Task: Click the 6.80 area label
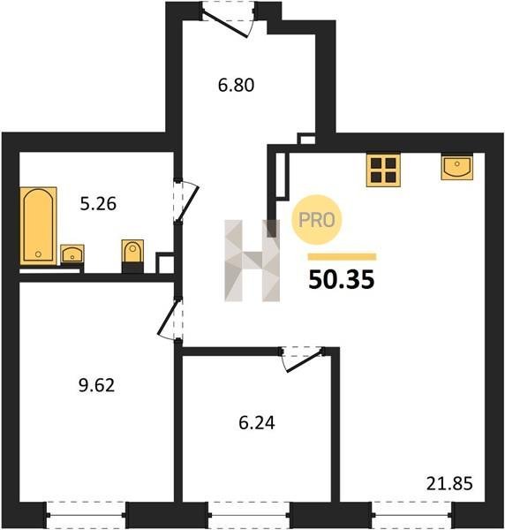pyautogui.click(x=236, y=85)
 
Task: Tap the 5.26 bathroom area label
pyautogui.click(x=98, y=204)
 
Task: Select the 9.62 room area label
pyautogui.click(x=96, y=385)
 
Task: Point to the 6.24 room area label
pyautogui.click(x=257, y=422)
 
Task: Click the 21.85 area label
pyautogui.click(x=449, y=483)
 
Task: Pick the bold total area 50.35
pyautogui.click(x=341, y=279)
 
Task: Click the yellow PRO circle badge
pyautogui.click(x=317, y=220)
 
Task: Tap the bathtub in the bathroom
pyautogui.click(x=38, y=225)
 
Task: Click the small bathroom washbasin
pyautogui.click(x=72, y=254)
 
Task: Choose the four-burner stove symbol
pyautogui.click(x=383, y=170)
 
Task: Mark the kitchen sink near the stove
pyautogui.click(x=457, y=166)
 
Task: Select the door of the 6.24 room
pyautogui.click(x=302, y=360)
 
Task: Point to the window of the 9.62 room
pyautogui.click(x=86, y=515)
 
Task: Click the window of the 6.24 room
pyautogui.click(x=249, y=515)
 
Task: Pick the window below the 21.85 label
pyautogui.click(x=411, y=515)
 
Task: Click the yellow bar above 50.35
pyautogui.click(x=342, y=257)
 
